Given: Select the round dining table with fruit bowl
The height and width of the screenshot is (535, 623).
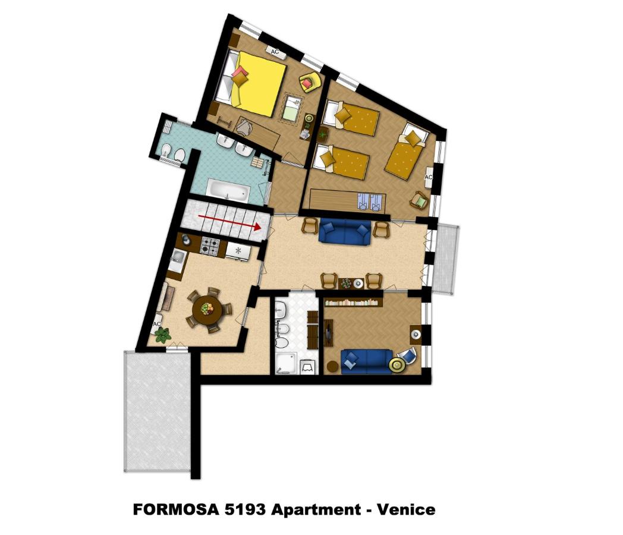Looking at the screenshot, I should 207,309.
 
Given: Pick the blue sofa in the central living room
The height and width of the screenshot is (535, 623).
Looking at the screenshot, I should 345,232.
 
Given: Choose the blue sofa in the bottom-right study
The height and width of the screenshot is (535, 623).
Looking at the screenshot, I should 365,360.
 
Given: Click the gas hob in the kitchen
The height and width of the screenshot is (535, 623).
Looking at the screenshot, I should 210,245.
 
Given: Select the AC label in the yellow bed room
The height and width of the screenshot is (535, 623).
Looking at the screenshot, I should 275,52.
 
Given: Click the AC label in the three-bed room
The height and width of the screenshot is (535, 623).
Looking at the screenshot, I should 429,177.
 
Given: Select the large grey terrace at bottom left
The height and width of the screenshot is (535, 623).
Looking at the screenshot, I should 157,410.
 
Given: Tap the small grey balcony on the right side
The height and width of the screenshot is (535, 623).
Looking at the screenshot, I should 446,259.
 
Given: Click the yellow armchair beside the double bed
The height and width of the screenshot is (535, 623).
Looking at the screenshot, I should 310,82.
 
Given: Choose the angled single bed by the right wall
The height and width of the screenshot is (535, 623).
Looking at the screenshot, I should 407,152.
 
